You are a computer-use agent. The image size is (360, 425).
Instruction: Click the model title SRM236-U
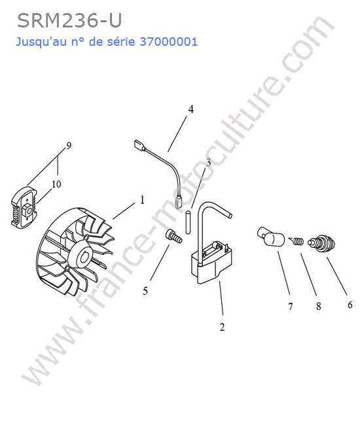(69, 21)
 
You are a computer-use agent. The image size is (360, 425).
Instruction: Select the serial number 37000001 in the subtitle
(168, 42)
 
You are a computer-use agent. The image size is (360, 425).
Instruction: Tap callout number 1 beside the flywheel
(142, 200)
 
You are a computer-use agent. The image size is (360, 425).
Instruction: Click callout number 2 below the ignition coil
(222, 327)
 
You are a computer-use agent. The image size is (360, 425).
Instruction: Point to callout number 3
(208, 163)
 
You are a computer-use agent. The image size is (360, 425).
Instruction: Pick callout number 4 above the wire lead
(191, 109)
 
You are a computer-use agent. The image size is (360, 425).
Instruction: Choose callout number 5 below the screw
(145, 291)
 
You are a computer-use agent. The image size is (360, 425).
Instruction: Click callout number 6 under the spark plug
(350, 305)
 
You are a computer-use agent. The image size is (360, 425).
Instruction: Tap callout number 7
(291, 307)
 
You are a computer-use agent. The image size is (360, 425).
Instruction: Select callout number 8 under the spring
(319, 306)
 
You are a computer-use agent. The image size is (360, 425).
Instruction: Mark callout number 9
(69, 146)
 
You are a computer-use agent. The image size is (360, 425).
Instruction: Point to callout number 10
(56, 184)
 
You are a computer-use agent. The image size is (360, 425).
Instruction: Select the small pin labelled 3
(188, 223)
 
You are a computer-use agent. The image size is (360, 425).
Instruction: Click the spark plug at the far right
(322, 243)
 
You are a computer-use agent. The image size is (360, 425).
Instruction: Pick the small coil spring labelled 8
(297, 241)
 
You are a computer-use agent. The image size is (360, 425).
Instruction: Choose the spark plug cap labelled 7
(270, 236)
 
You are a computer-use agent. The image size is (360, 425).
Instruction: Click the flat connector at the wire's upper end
(139, 145)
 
